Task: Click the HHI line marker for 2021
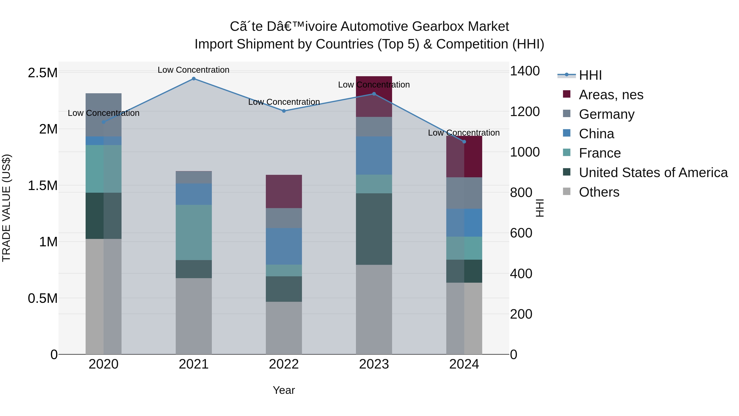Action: point(194,79)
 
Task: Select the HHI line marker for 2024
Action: point(464,142)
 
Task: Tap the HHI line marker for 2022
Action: point(284,111)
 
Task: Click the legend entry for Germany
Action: point(606,114)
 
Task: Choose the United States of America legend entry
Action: point(653,173)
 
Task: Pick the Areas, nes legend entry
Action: point(611,95)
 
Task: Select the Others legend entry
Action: point(599,192)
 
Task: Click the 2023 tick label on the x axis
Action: point(374,364)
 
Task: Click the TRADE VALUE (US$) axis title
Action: point(6,208)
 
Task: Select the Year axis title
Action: point(284,390)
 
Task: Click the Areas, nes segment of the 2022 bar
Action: point(284,191)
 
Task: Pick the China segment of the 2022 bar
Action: point(284,246)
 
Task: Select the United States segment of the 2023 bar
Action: point(374,229)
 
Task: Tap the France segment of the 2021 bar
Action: point(194,232)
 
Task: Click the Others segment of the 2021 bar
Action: point(194,316)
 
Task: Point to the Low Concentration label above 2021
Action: point(194,70)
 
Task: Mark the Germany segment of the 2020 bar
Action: point(104,115)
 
